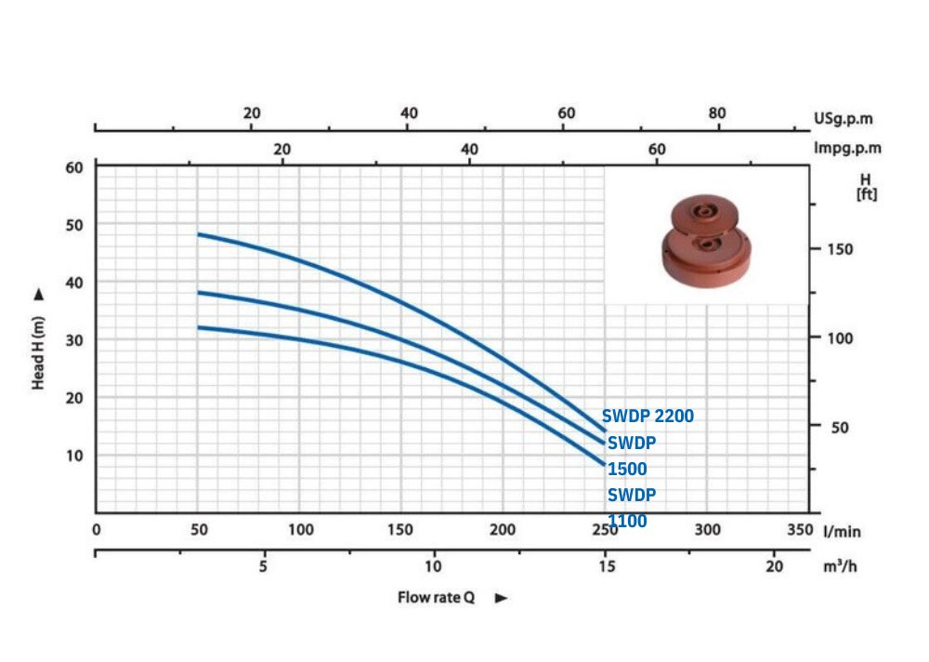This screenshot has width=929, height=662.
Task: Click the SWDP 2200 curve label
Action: pos(648,416)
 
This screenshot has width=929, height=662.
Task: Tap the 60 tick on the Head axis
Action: pos(74,168)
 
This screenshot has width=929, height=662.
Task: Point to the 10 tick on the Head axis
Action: pos(74,456)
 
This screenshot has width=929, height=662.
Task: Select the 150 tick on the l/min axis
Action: pos(400,529)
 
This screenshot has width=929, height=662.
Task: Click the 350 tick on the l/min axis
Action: pos(800,529)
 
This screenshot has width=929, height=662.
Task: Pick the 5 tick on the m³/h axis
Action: pos(263,566)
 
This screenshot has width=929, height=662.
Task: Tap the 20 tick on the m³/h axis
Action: pos(774,566)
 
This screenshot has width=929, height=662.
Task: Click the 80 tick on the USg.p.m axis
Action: pos(717,113)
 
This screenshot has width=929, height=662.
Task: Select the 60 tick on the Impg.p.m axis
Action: pos(657,149)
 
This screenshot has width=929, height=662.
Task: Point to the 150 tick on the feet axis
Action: pos(840,249)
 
